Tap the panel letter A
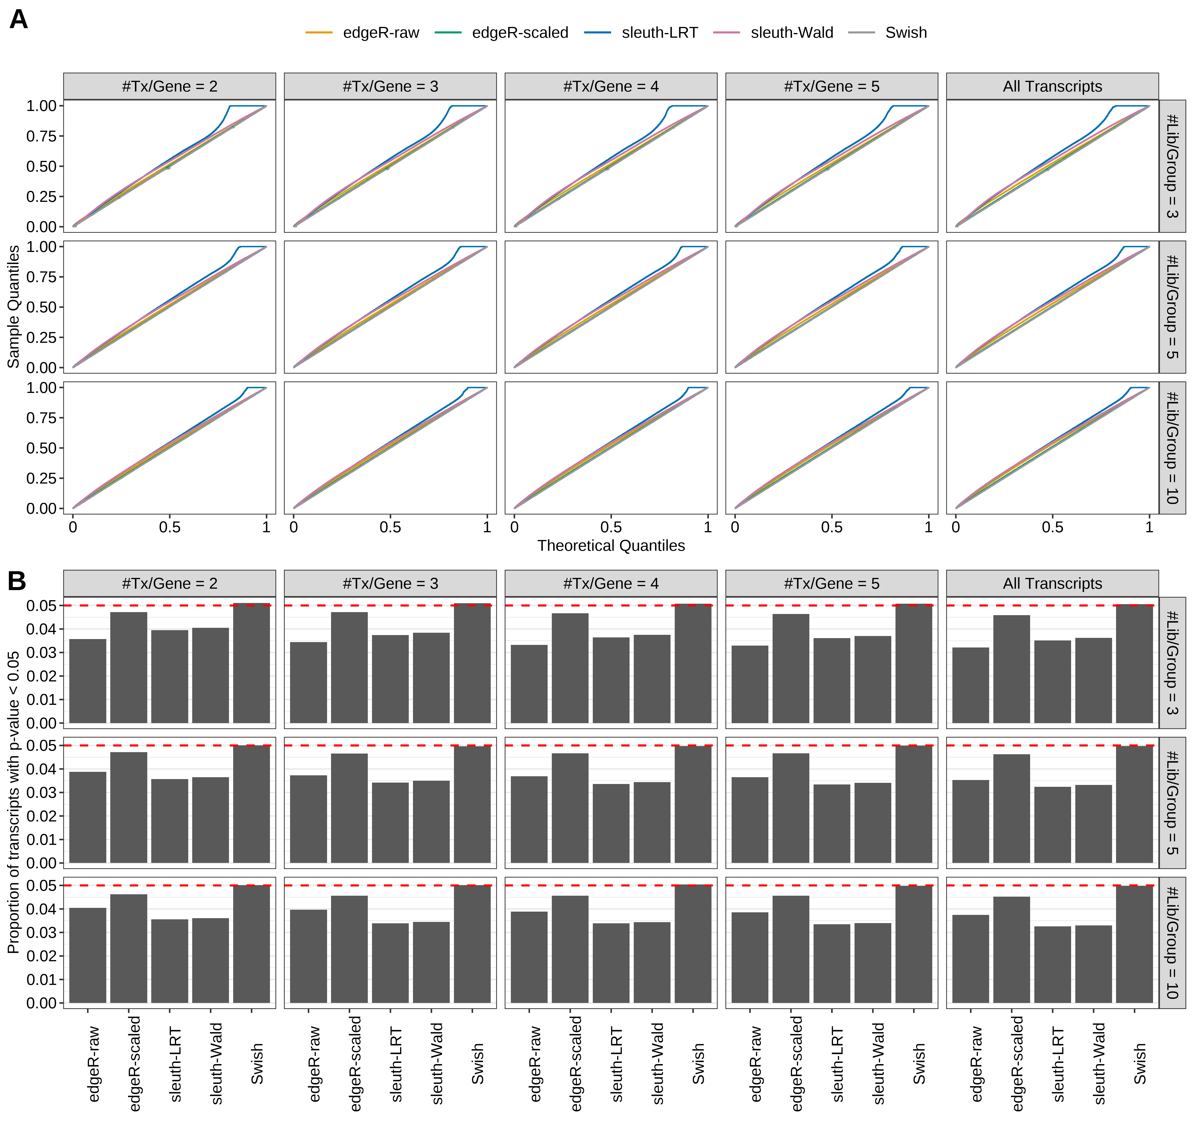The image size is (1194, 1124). point(19,19)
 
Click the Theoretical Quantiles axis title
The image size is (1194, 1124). point(611,545)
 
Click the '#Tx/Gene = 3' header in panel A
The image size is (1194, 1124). point(391,86)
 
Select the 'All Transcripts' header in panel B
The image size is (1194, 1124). point(1052,583)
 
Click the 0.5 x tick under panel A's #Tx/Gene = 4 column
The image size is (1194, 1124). point(611,527)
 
